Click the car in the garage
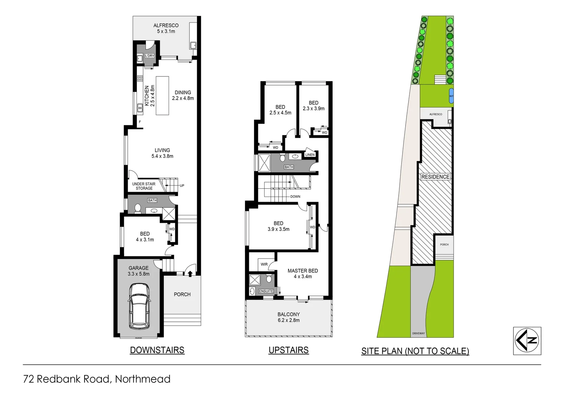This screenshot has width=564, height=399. coord(139,306)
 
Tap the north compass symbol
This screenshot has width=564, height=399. coord(527,341)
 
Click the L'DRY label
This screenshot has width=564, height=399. coord(149,56)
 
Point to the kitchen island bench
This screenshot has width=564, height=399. coord(162,96)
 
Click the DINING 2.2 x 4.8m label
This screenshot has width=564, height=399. coord(183,95)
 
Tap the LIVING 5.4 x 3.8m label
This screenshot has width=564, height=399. coord(162,153)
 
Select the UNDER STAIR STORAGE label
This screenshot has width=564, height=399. coord(144,186)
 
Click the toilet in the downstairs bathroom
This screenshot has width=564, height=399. coord(138,209)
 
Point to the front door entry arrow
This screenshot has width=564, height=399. coord(190,274)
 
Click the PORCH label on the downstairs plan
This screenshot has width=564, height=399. coord(182,294)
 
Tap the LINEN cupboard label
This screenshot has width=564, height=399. coord(310,155)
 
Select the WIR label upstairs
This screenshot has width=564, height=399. coord(264,265)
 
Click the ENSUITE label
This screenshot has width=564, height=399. coord(266,291)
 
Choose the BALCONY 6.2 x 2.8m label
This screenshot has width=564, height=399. coord(289,317)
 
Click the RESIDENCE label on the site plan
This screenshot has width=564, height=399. coord(435,177)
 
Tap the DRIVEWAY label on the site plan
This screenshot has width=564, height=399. coord(418,333)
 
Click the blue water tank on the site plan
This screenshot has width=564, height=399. coord(451,96)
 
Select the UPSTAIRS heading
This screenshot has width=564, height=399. coord(288,350)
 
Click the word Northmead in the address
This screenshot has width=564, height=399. coord(142,379)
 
